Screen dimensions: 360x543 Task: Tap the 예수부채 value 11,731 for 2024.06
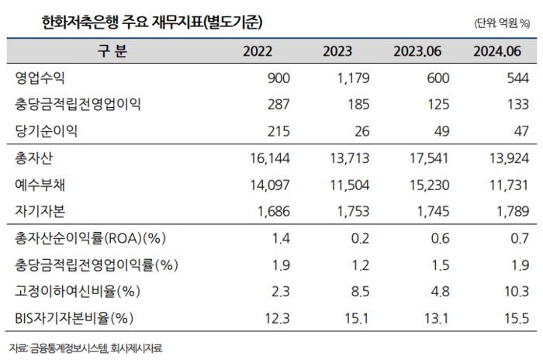click(x=511, y=185)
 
